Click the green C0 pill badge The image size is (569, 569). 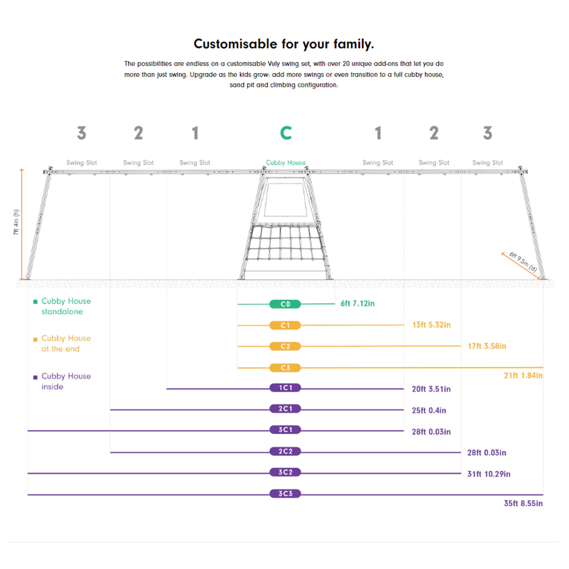[x=285, y=304]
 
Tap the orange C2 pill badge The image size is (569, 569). [x=285, y=346]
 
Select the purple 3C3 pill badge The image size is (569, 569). [x=285, y=493]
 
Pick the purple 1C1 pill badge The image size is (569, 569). [x=285, y=387]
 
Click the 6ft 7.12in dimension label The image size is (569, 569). [x=358, y=303]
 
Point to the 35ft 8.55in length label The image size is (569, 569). [x=523, y=503]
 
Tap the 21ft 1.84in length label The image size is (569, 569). [x=523, y=376]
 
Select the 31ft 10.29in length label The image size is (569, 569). [x=488, y=474]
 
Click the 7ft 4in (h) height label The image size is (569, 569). [x=16, y=222]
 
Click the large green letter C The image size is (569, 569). [x=286, y=133]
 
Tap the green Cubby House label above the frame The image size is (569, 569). [x=286, y=162]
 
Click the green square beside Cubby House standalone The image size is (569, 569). [x=35, y=302]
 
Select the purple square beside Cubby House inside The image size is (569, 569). [x=35, y=377]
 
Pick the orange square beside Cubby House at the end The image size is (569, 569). [x=35, y=340]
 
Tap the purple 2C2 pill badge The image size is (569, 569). [x=285, y=451]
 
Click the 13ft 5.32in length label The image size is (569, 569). [x=432, y=325]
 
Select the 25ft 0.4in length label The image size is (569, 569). [x=429, y=410]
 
